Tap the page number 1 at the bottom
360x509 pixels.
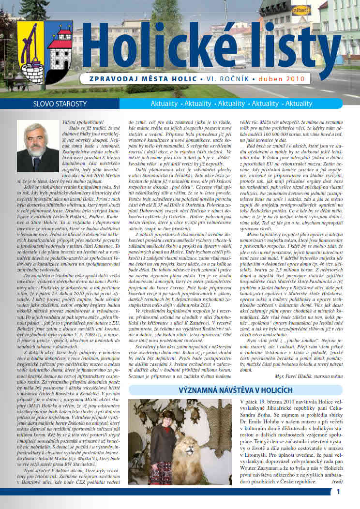pyautogui.click(x=339, y=492)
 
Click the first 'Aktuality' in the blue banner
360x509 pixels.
pyautogui.click(x=165, y=104)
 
